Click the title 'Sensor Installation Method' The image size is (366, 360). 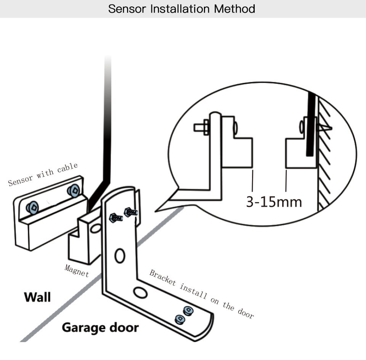pos(181,8)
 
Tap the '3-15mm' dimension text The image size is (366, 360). pos(274,202)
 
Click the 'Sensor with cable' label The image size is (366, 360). pos(43,174)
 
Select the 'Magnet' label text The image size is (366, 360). pos(77,270)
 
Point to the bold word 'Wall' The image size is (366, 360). pos(37,297)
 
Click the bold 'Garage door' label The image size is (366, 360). pos(100,327)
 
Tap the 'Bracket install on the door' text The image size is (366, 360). pos(201,294)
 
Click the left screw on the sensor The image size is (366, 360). pos(33,207)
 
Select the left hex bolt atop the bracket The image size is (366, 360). pos(115,218)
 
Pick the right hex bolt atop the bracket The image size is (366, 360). pos(130,212)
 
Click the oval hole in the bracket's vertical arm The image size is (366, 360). pos(120,256)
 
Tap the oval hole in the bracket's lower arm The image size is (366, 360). pos(140,293)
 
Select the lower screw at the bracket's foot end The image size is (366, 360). pos(179,319)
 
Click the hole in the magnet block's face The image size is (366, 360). pos(96,229)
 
